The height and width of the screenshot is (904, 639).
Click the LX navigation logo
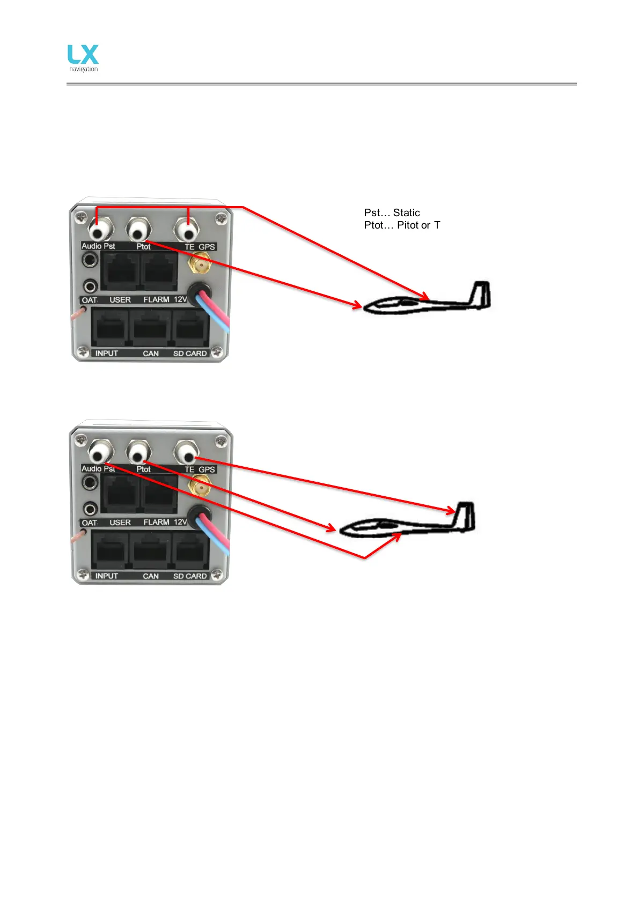tap(83, 58)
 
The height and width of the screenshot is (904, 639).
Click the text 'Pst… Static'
tap(392, 212)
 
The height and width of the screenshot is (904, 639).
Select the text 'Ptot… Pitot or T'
tap(402, 225)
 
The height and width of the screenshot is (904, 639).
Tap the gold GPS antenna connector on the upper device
tap(200, 264)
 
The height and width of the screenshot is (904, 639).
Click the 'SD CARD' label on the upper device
tap(190, 354)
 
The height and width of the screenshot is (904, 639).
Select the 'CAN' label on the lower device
tap(151, 576)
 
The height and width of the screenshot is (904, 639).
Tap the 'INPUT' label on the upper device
tap(106, 354)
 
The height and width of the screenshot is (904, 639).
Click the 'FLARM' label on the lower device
tap(156, 522)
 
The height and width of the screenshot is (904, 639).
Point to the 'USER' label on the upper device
tap(120, 300)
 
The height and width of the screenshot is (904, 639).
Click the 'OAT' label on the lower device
tap(89, 523)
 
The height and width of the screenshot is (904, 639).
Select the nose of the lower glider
tap(343, 529)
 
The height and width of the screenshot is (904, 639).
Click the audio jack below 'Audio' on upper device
tap(90, 261)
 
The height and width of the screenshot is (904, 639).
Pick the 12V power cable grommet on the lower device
tap(199, 516)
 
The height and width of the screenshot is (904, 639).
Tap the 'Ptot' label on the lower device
tap(143, 469)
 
